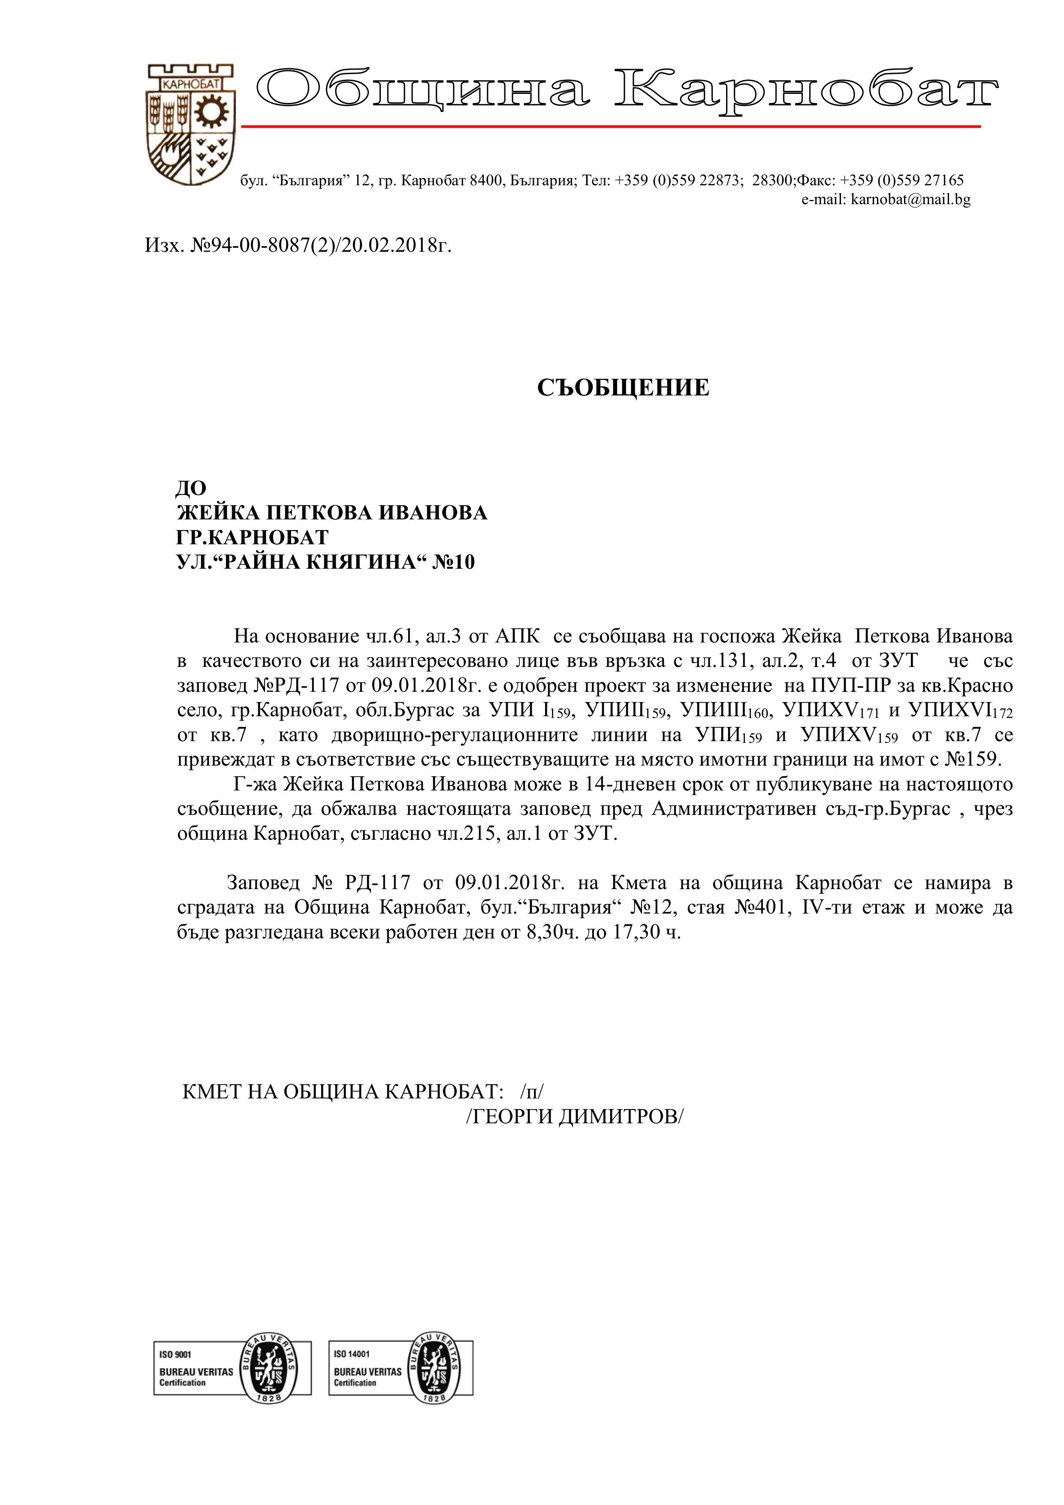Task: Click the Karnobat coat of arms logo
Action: click(x=189, y=124)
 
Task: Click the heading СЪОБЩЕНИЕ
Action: click(x=623, y=388)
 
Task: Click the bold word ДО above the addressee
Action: click(x=191, y=488)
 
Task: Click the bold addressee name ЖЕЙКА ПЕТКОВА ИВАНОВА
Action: click(x=332, y=513)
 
